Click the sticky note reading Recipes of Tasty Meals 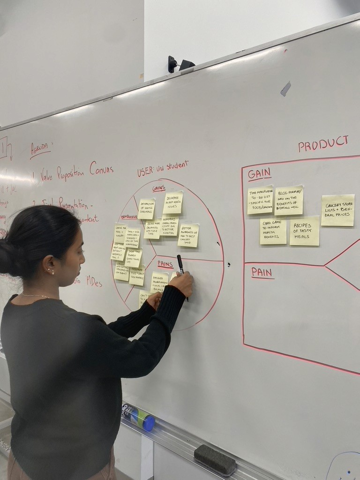304,231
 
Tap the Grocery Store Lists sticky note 337,210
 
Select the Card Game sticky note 273,231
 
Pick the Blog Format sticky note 289,201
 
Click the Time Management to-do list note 260,200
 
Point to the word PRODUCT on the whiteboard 323,143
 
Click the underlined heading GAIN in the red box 259,173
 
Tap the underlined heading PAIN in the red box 262,272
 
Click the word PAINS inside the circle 165,264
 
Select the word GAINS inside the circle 159,188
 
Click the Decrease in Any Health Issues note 173,202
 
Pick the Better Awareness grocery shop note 188,235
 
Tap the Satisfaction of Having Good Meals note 146,209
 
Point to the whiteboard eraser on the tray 215,459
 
